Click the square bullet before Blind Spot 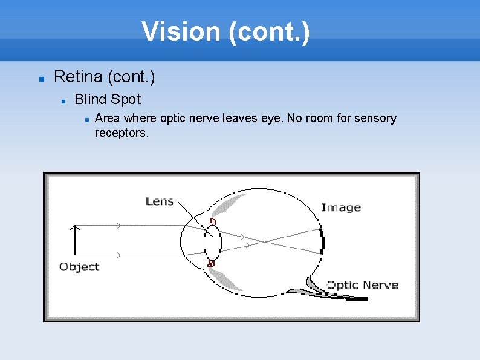tap(62, 100)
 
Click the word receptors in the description tap(121, 133)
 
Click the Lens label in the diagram tap(160, 201)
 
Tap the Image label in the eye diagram tap(340, 208)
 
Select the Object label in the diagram tap(79, 267)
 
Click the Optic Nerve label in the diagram tap(362, 285)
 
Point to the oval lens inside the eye tap(212, 243)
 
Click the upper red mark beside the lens tap(212, 222)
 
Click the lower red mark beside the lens tap(211, 263)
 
